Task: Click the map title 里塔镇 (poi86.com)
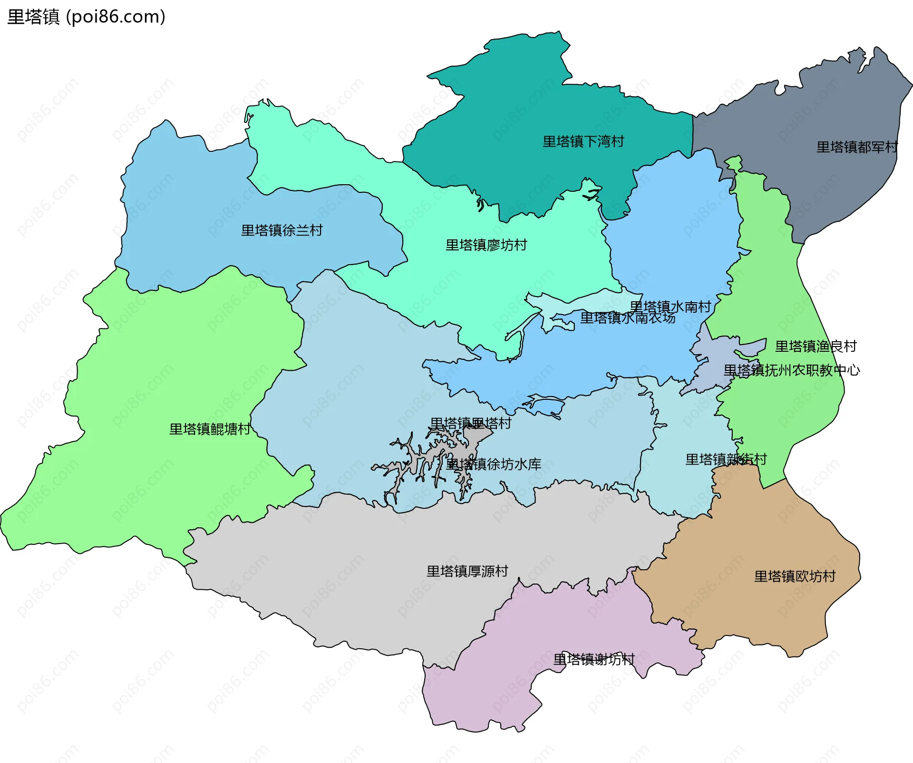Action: pyautogui.click(x=86, y=17)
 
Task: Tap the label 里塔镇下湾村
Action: pyautogui.click(x=583, y=141)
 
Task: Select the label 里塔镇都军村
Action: pyautogui.click(x=857, y=147)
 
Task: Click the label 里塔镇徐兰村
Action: pyautogui.click(x=282, y=230)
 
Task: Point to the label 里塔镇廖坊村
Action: pyautogui.click(x=486, y=245)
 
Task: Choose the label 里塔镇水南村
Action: pyautogui.click(x=670, y=307)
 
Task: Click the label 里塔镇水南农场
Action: pyautogui.click(x=627, y=318)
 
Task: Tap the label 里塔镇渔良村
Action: pyautogui.click(x=816, y=346)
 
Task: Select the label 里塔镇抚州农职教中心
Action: pyautogui.click(x=791, y=370)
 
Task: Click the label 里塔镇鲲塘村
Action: pyautogui.click(x=210, y=429)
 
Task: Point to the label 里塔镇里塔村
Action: pyautogui.click(x=470, y=423)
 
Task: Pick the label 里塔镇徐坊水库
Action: pyautogui.click(x=493, y=464)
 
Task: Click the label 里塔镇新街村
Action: pyautogui.click(x=726, y=459)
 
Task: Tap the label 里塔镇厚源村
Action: pyautogui.click(x=467, y=571)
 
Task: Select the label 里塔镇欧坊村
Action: pyautogui.click(x=795, y=576)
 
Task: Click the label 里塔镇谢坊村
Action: pyautogui.click(x=593, y=659)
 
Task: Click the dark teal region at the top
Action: pyautogui.click(x=523, y=105)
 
